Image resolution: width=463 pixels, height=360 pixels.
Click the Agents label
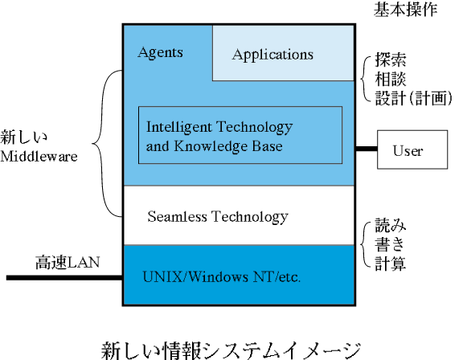[160, 53]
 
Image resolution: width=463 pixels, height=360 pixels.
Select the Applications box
[283, 53]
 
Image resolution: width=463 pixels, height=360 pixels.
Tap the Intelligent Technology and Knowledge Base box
[240, 135]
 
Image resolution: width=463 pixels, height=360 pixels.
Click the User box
[412, 149]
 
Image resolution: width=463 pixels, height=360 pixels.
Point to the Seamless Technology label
[218, 217]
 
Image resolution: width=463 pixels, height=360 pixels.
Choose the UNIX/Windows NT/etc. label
[222, 277]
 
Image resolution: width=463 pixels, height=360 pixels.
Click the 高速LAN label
[68, 262]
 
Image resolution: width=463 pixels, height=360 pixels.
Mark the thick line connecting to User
[367, 149]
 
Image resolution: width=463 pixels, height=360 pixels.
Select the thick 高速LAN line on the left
[64, 278]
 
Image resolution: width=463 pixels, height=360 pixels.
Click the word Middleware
[39, 156]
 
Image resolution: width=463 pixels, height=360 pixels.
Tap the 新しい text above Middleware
[23, 137]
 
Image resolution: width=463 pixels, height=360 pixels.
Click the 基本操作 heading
[405, 9]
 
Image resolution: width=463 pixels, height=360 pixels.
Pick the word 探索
[391, 60]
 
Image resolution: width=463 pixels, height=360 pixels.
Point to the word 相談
[391, 79]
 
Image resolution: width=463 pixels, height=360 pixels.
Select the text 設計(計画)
[414, 98]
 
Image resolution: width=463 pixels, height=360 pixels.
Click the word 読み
[391, 226]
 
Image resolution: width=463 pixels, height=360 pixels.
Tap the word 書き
[390, 244]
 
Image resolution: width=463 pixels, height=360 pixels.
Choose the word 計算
[391, 264]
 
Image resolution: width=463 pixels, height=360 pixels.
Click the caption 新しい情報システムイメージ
[231, 350]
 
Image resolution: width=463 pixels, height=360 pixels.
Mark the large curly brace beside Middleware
[92, 144]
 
